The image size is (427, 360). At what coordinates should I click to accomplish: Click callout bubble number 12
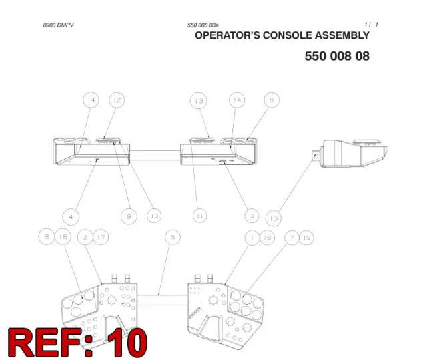117,100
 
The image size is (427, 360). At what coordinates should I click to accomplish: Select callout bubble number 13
199,101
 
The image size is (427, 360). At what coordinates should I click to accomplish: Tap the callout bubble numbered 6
272,100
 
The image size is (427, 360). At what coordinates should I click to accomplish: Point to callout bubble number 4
71,217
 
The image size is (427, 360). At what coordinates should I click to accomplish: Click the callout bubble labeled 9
129,216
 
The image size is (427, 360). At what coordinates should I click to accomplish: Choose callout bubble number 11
200,216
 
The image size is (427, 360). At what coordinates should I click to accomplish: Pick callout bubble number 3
252,216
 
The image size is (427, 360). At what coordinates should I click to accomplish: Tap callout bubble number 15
274,218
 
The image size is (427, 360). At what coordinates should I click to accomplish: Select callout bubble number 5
173,237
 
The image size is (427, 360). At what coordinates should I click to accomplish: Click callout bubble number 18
63,236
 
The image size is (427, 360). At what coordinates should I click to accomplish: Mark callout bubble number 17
101,237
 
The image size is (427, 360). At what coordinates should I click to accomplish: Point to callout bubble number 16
267,238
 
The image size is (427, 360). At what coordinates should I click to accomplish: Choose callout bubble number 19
307,238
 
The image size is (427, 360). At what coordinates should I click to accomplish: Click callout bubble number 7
292,238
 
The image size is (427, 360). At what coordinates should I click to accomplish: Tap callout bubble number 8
47,236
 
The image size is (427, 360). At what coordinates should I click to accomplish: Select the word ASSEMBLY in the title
342,35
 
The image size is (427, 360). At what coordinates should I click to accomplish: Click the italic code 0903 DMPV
58,25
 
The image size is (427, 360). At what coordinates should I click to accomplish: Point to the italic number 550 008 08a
203,25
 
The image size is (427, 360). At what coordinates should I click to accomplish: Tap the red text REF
46,343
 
